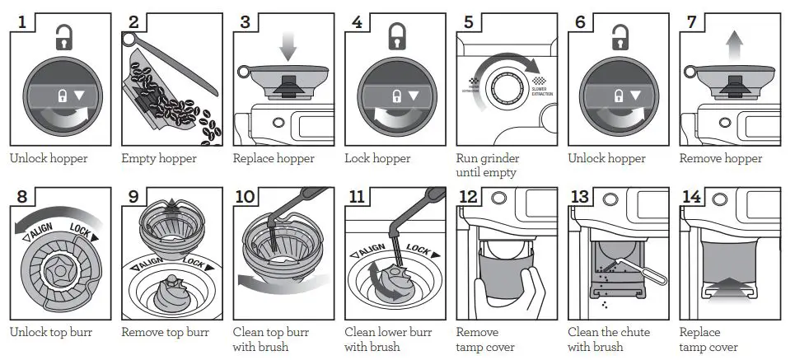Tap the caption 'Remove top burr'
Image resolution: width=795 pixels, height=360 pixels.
pos(165,333)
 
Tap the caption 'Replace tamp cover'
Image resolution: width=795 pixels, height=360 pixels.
pos(708,339)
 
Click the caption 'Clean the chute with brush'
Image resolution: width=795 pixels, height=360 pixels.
pos(609,339)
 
